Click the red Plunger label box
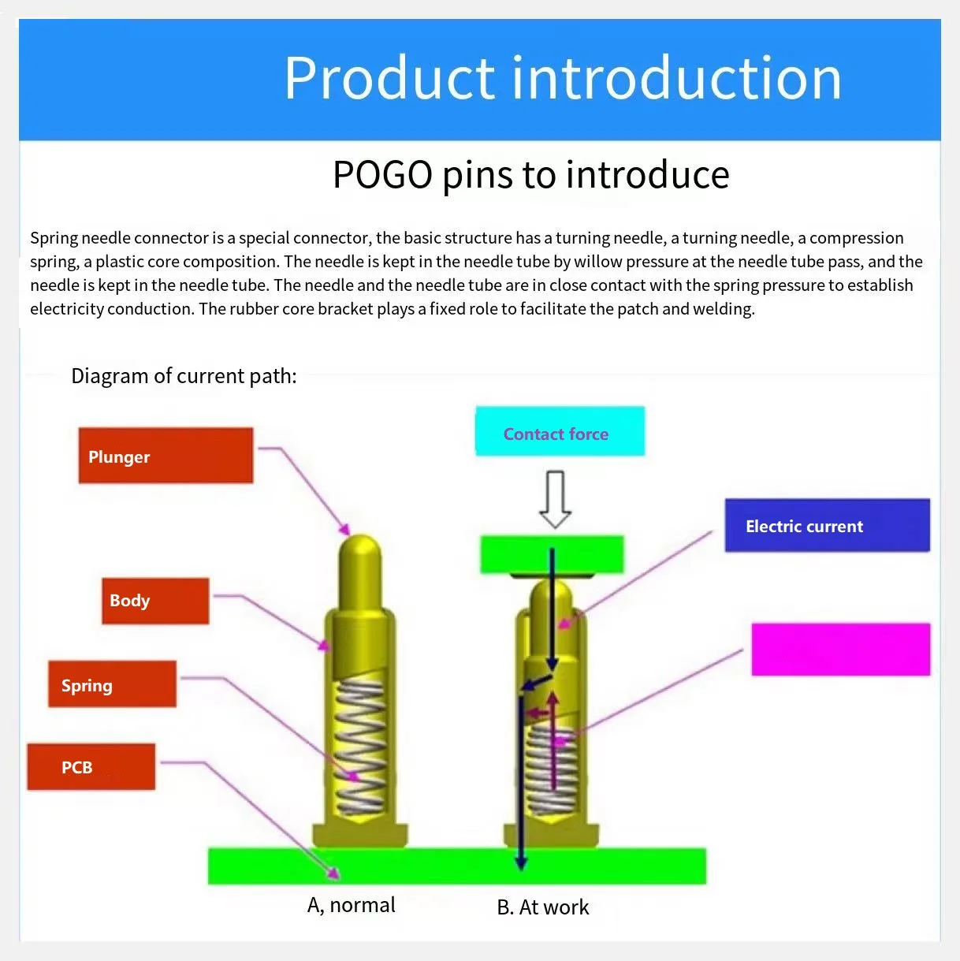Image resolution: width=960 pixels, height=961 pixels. click(166, 456)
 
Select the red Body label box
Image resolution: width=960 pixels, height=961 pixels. click(155, 601)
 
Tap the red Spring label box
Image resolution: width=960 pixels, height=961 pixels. click(112, 684)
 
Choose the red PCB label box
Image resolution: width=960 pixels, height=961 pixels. click(91, 767)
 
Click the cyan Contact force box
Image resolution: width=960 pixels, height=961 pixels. click(560, 431)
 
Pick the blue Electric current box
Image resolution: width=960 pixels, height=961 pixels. click(827, 525)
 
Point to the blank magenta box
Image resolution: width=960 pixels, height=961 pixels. click(840, 650)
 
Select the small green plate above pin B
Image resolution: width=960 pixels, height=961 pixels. click(552, 554)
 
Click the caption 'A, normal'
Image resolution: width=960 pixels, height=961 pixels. click(352, 905)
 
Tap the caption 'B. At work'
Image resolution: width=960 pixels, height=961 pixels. click(543, 907)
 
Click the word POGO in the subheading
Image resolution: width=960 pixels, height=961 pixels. click(382, 175)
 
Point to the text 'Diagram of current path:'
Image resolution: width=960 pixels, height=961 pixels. click(184, 376)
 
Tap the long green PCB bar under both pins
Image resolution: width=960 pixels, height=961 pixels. click(456, 866)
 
